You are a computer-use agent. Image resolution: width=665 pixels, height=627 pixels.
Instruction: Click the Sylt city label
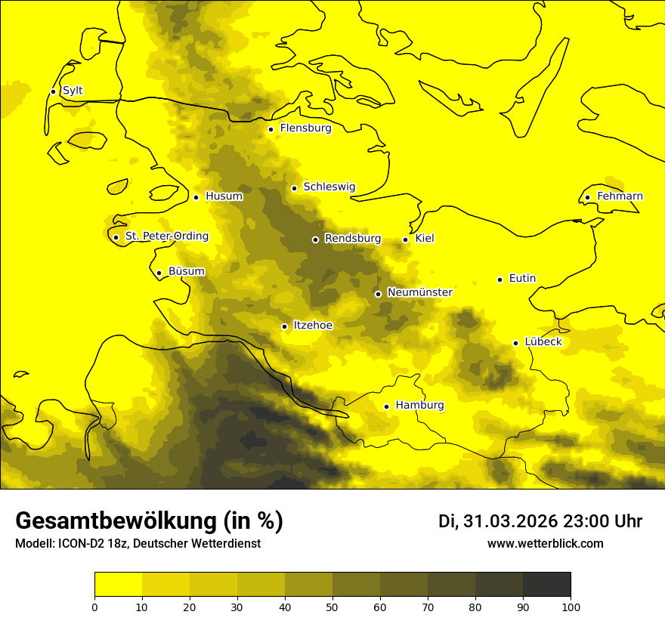point(73,91)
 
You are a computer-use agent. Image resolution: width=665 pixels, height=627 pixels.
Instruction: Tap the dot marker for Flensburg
point(271,129)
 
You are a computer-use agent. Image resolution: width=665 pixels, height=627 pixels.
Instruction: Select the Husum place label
point(224,196)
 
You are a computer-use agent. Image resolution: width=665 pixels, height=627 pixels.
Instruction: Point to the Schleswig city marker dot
point(294,188)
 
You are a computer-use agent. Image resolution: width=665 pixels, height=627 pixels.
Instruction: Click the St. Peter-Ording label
point(166,236)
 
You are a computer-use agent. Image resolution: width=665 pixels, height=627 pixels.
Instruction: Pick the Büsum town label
point(186,271)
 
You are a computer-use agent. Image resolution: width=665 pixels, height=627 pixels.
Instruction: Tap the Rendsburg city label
point(352,239)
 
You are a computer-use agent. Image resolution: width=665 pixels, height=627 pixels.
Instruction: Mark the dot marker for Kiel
point(406,239)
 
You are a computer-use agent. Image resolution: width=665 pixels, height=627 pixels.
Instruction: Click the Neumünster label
point(419,292)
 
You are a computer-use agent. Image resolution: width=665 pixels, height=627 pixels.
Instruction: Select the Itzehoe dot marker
point(284,326)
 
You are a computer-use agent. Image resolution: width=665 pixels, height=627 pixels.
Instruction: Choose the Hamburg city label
point(419,406)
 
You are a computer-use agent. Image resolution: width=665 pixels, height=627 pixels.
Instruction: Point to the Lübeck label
point(543,342)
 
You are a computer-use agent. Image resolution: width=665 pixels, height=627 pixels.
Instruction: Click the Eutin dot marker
point(500,280)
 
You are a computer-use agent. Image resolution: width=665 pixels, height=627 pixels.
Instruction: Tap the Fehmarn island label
point(620,196)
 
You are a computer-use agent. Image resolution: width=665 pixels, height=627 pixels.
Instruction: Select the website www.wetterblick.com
point(545,544)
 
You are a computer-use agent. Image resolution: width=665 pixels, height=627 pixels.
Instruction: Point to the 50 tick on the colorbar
point(332,607)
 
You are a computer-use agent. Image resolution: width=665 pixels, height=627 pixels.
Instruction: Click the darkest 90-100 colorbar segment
point(546,585)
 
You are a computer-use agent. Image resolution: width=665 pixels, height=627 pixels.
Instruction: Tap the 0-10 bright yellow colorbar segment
point(118,585)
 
